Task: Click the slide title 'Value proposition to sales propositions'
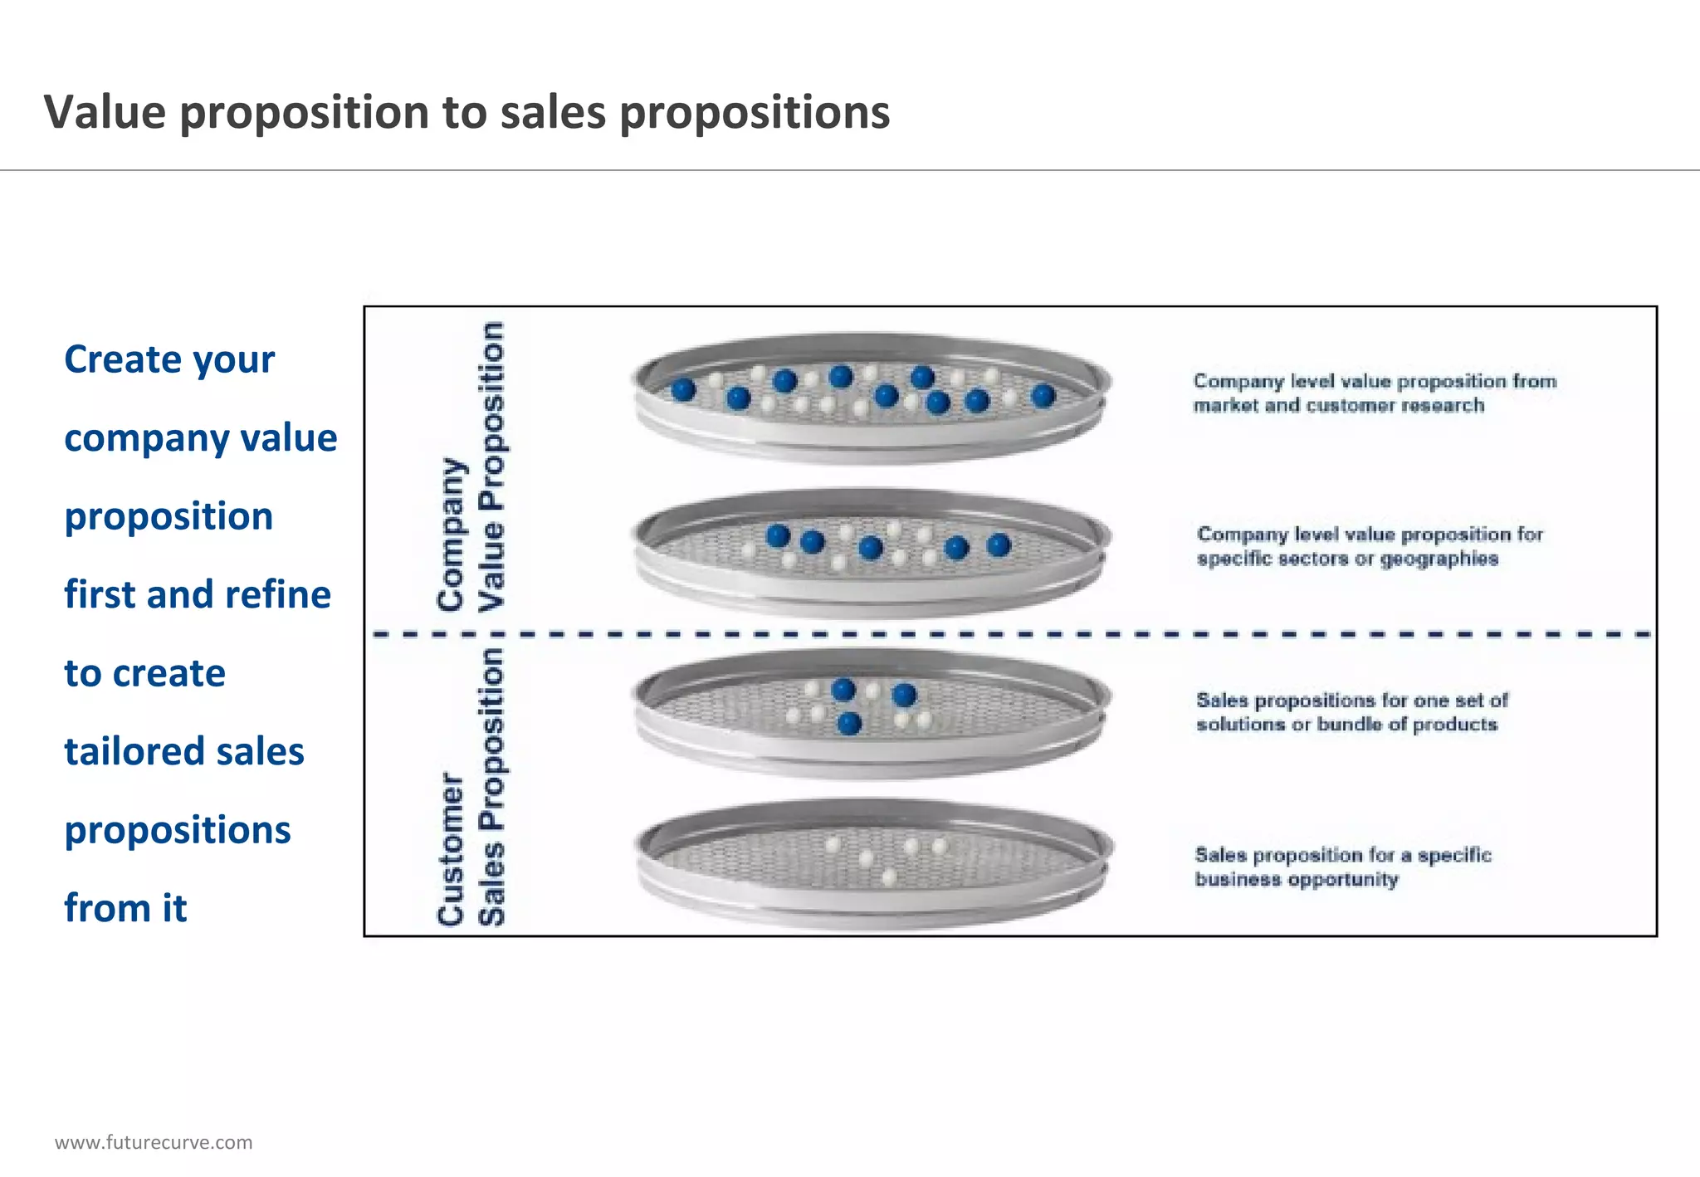pyautogui.click(x=467, y=112)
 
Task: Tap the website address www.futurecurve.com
pyautogui.click(x=154, y=1142)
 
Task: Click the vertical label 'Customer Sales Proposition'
pyautogui.click(x=471, y=787)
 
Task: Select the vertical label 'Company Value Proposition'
pyautogui.click(x=471, y=466)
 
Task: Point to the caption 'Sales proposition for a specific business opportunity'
pyautogui.click(x=1342, y=867)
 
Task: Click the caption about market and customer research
pyautogui.click(x=1375, y=393)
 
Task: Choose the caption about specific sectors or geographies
pyautogui.click(x=1370, y=546)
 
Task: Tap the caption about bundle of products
pyautogui.click(x=1351, y=712)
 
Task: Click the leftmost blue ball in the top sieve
pyautogui.click(x=683, y=389)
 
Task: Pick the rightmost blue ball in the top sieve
pyautogui.click(x=1043, y=396)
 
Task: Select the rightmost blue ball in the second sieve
pyautogui.click(x=999, y=545)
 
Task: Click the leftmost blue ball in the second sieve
pyautogui.click(x=778, y=536)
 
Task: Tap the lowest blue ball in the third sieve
pyautogui.click(x=849, y=724)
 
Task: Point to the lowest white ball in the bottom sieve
pyautogui.click(x=889, y=877)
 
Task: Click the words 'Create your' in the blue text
pyautogui.click(x=169, y=359)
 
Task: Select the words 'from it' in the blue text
pyautogui.click(x=125, y=908)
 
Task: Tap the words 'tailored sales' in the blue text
pyautogui.click(x=184, y=751)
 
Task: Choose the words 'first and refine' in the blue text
pyautogui.click(x=198, y=594)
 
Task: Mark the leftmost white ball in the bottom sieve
pyautogui.click(x=833, y=845)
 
